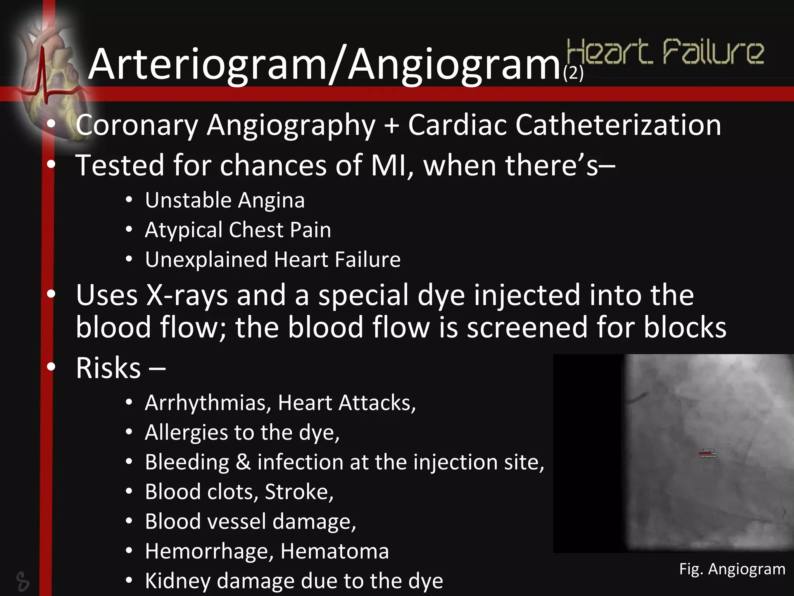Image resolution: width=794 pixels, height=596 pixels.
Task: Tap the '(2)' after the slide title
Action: coord(573,73)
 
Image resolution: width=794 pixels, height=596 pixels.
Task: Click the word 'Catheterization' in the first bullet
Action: coord(618,125)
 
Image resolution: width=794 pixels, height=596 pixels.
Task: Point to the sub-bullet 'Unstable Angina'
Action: coord(225,200)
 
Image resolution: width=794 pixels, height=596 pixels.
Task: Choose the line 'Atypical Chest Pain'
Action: coord(238,230)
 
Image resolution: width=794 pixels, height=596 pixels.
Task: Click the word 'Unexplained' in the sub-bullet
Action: coord(206,259)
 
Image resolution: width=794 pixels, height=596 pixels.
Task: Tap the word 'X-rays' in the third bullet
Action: coord(187,295)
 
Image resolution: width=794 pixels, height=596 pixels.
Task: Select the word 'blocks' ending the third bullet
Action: coord(685,327)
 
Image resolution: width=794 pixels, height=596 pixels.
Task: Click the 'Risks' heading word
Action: coord(108,368)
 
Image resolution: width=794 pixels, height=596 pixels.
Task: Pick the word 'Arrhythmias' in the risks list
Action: coord(208,403)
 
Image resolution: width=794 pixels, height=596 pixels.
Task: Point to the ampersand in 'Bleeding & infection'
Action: coord(243,462)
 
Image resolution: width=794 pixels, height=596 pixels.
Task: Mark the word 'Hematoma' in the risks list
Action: coord(334,551)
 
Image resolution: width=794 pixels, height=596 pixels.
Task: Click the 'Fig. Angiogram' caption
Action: coord(732,569)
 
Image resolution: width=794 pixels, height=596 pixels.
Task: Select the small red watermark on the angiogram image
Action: coord(709,453)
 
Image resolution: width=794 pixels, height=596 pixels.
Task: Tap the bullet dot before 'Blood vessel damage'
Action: coord(129,521)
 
